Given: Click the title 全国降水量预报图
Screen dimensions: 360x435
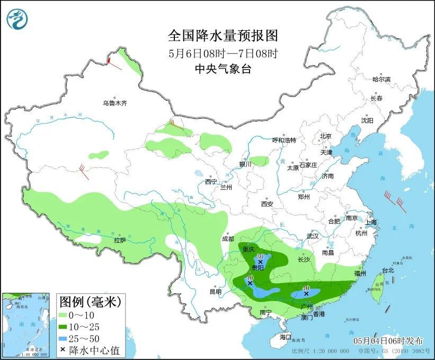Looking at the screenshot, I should pos(223,36).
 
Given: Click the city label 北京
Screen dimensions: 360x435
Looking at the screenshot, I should pos(325,136).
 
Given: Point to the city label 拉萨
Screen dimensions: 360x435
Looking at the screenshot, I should pos(120,240).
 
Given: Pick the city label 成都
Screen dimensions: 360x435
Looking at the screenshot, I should pos(228,239).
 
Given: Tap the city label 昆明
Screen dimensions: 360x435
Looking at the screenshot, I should pos(216,292).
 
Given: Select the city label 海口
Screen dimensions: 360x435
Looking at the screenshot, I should pos(285,337).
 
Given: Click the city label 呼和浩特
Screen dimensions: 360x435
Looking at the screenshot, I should pos(284,140).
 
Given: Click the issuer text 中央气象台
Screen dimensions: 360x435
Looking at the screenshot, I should pos(223,68).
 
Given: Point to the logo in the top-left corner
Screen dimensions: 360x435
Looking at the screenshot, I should pos(17,19).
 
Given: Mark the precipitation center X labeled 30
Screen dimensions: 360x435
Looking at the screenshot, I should pos(260,262).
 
